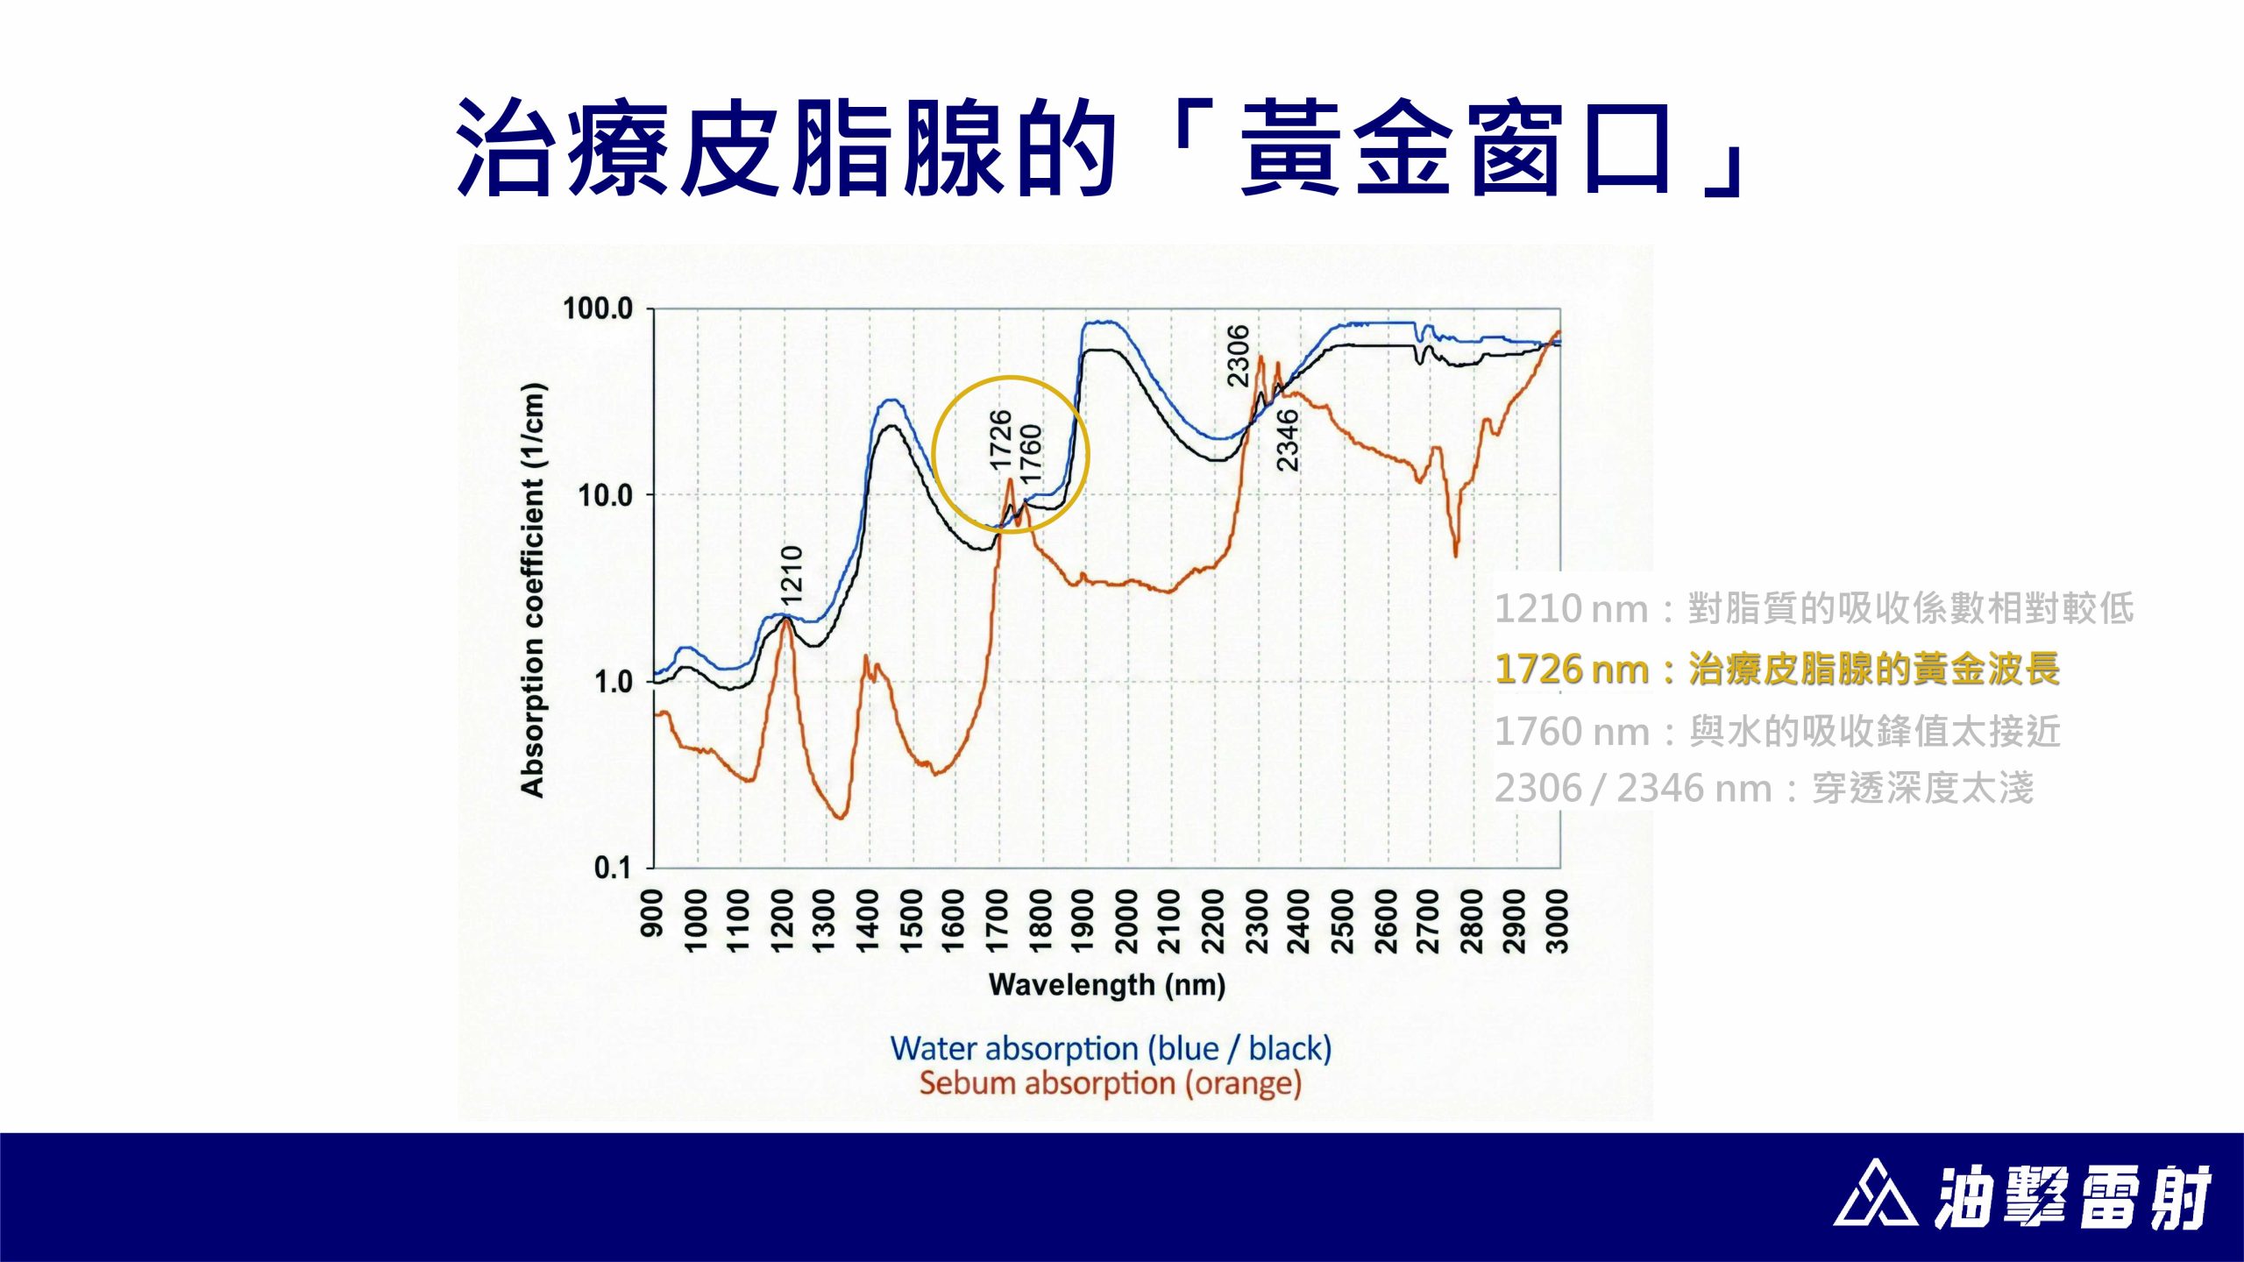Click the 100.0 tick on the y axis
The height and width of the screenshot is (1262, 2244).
597,308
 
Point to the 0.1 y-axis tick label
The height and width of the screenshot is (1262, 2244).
612,868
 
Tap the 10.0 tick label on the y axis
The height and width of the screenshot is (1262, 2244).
605,495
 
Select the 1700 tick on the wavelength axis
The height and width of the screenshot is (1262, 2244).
998,920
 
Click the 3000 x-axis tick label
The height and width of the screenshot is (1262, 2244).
1557,920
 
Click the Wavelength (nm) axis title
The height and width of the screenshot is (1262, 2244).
1107,985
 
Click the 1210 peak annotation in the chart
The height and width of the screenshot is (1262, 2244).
792,575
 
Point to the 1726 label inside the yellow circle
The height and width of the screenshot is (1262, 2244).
1000,440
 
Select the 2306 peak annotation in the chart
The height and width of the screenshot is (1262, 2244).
1238,355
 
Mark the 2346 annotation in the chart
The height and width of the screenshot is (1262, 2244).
1287,440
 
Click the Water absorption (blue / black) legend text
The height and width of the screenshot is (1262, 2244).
1111,1048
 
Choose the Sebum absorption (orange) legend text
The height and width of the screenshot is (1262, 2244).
1111,1083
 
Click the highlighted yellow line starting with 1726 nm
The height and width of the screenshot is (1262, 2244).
1778,669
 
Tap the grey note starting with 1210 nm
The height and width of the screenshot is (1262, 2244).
1814,608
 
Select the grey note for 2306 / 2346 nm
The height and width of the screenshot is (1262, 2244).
1765,788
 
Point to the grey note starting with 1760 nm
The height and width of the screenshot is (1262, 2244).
1778,731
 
